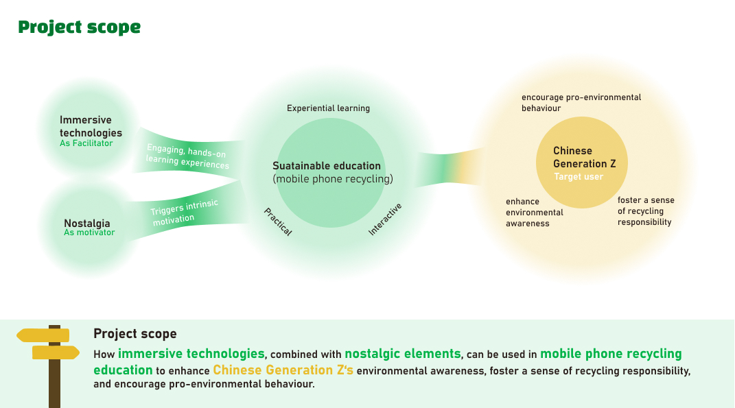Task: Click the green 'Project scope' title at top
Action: tap(79, 27)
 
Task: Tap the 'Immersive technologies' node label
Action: tap(91, 127)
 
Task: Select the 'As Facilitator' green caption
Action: tap(86, 143)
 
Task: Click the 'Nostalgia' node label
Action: tap(87, 223)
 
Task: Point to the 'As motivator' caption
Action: tap(89, 232)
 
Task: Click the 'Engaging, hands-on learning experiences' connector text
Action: tap(187, 157)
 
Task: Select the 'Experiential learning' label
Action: tap(328, 108)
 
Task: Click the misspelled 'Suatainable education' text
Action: tap(327, 166)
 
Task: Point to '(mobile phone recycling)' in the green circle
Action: tap(333, 180)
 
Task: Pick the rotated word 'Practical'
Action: tap(278, 222)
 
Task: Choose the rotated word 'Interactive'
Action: tap(385, 219)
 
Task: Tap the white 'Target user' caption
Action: tap(579, 177)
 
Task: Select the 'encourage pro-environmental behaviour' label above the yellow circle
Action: tap(581, 103)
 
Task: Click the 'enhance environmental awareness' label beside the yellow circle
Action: tap(534, 213)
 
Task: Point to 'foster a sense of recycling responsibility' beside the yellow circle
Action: tap(645, 211)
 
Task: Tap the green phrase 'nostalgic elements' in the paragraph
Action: tap(402, 354)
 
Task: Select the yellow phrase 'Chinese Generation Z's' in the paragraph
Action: tap(283, 370)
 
